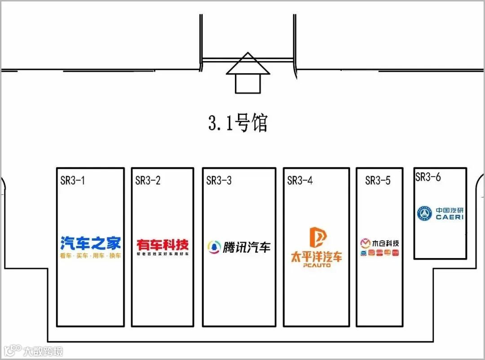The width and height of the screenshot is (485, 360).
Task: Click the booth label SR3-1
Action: (73, 180)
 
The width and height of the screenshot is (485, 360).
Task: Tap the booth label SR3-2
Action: (148, 180)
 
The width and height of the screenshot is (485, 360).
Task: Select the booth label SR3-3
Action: (219, 180)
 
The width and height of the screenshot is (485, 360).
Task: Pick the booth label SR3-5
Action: (378, 180)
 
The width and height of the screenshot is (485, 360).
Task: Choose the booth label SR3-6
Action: (428, 177)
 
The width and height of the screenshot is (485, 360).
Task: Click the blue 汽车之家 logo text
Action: (91, 243)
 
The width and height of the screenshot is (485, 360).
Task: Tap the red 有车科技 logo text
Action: (163, 245)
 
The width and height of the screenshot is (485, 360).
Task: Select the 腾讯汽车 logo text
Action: (247, 247)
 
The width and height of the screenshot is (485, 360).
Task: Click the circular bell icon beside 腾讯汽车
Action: (214, 247)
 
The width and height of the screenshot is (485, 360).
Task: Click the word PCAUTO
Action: (317, 265)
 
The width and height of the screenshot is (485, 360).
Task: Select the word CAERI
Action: (450, 217)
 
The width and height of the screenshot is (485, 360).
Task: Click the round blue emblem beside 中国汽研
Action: (424, 213)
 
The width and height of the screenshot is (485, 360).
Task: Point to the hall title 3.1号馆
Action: (238, 123)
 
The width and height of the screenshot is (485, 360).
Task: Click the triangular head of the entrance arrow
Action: (248, 64)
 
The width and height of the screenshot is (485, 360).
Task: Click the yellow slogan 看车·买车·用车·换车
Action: (91, 256)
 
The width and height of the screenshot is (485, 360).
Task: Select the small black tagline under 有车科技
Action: (163, 254)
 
